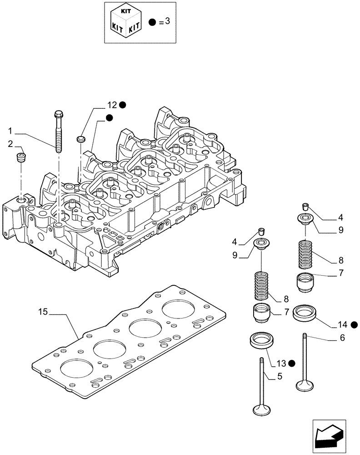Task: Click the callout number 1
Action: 10,131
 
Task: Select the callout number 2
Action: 10,144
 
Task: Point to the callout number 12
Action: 112,105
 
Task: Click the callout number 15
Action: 43,312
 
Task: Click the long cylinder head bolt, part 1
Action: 59,132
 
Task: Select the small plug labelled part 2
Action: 21,157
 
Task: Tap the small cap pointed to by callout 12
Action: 81,138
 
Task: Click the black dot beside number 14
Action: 354,324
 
